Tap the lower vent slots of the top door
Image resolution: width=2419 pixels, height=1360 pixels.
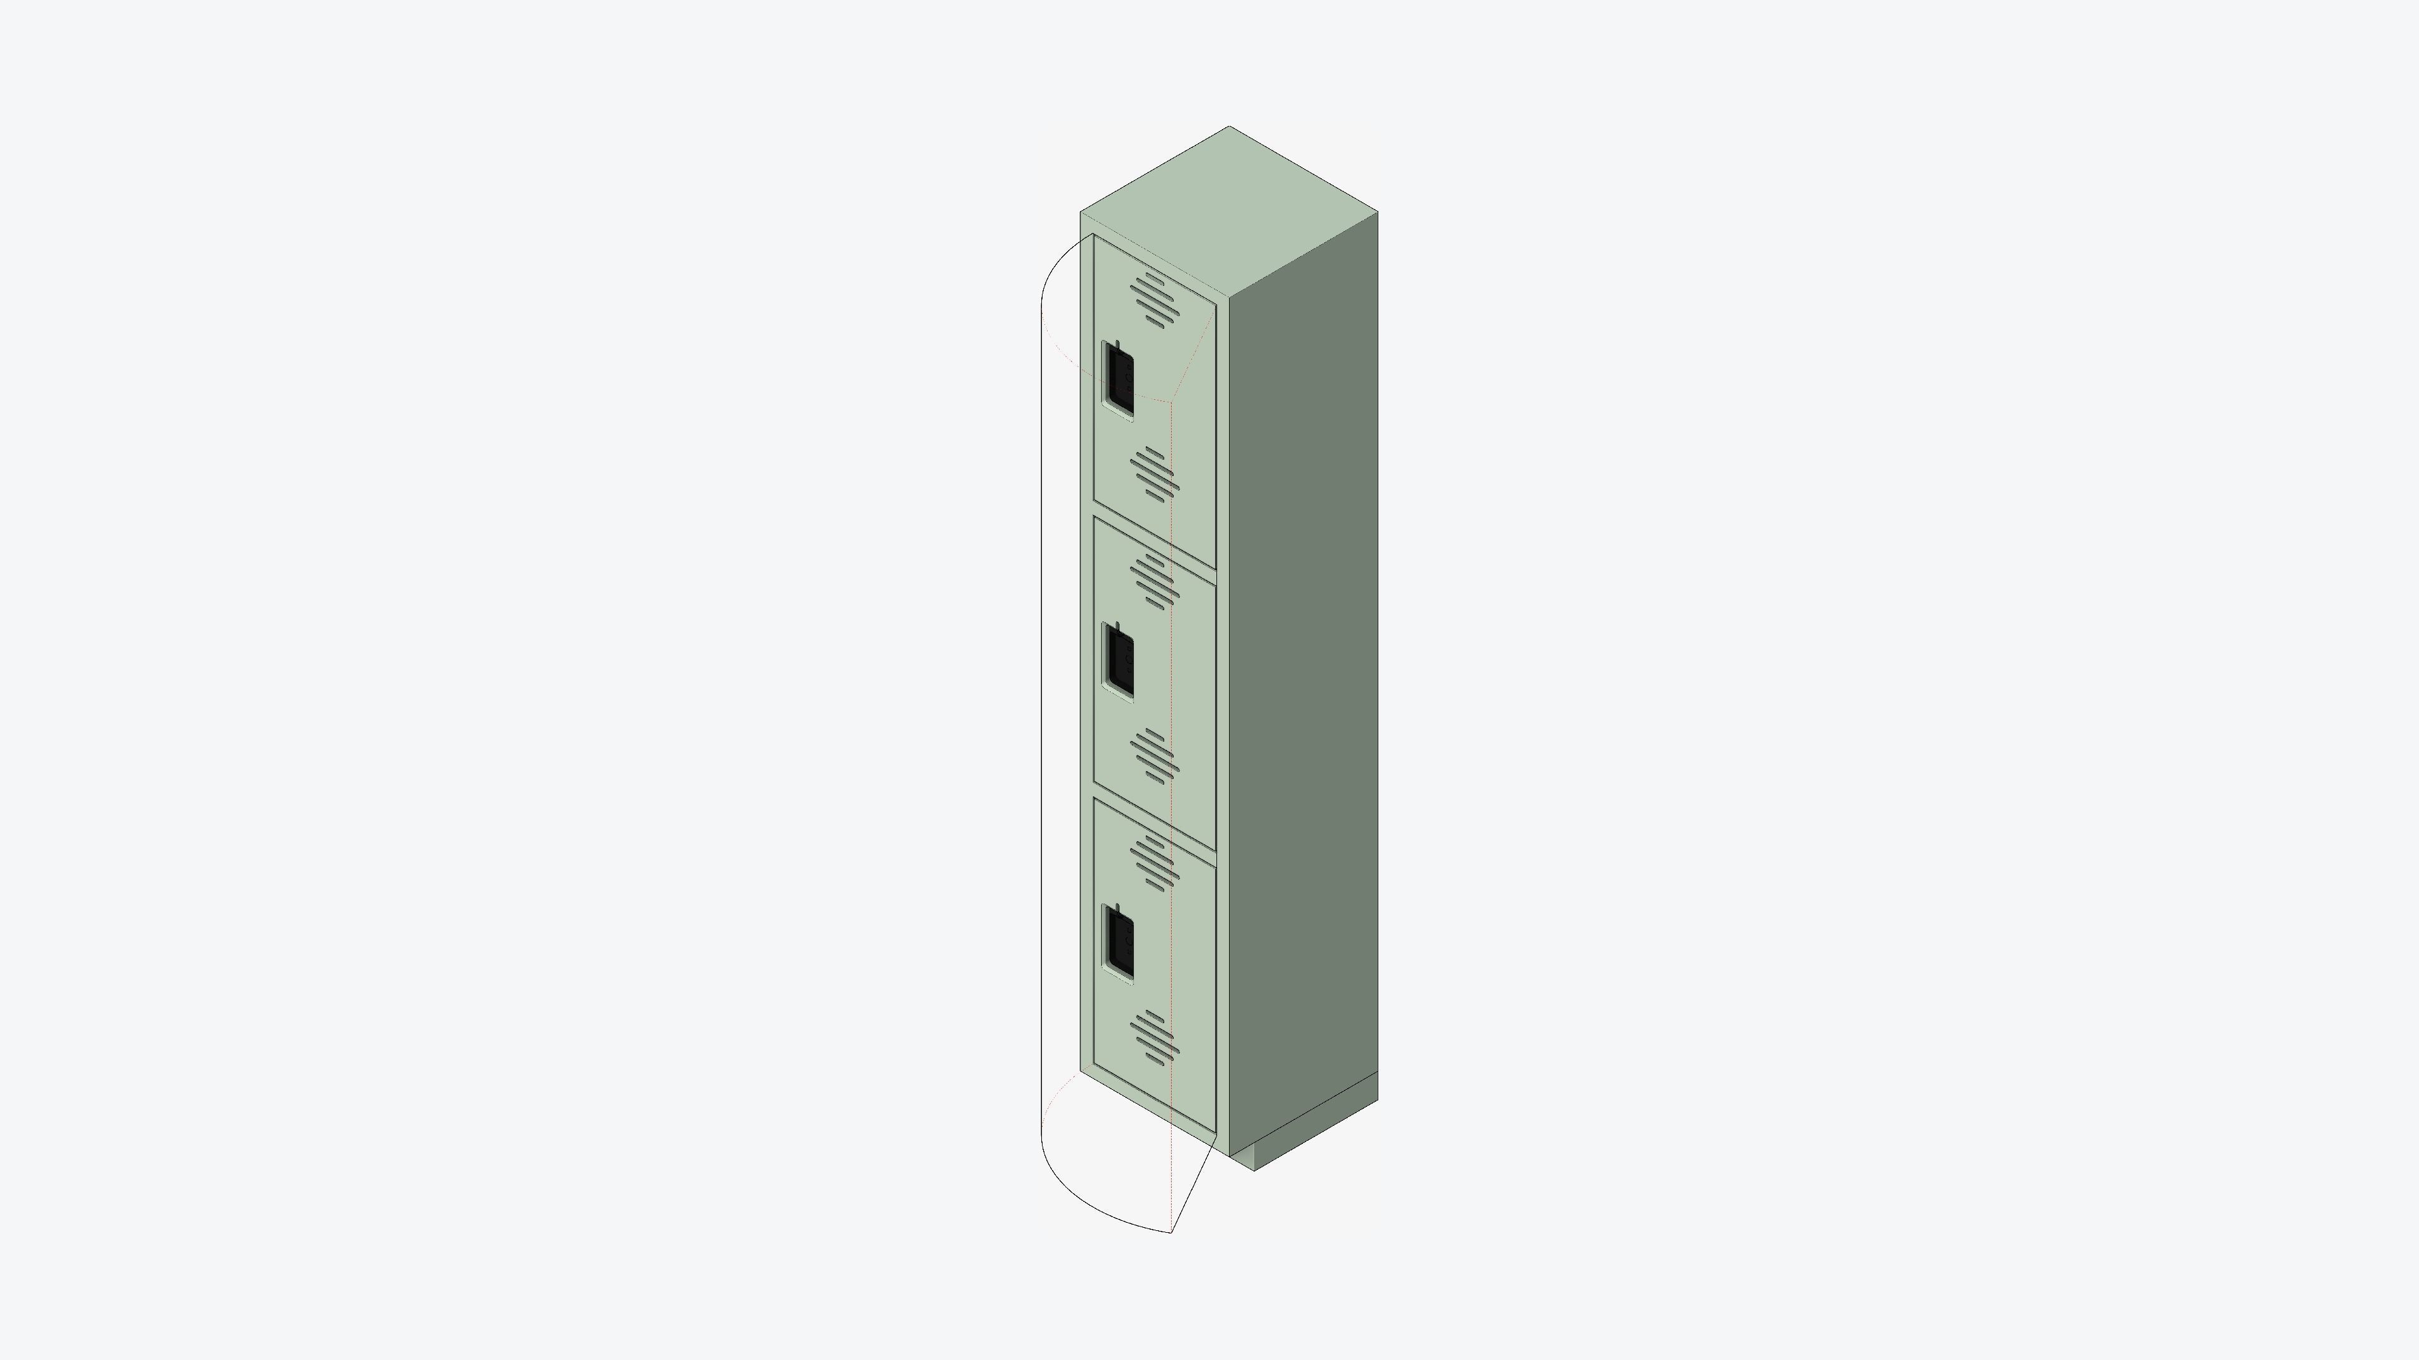(1155, 475)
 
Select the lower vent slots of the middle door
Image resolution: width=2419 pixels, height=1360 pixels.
(1155, 756)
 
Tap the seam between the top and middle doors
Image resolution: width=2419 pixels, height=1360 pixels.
(1155, 541)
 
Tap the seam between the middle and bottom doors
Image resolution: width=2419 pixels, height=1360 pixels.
(1155, 823)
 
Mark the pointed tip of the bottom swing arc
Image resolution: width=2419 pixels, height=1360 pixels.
(1172, 1232)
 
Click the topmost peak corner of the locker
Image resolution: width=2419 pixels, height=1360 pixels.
(1229, 127)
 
